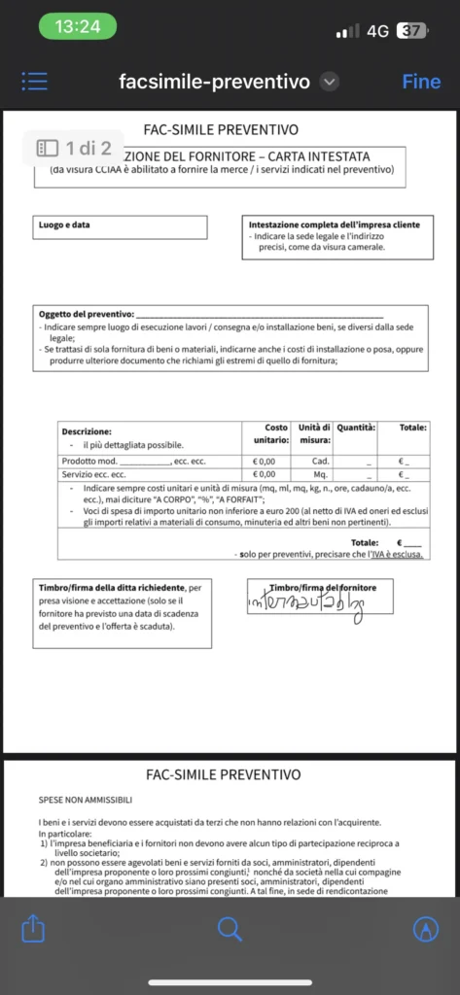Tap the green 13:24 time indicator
(x=77, y=27)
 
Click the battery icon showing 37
(x=411, y=30)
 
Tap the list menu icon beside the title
(x=35, y=82)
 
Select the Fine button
(x=421, y=82)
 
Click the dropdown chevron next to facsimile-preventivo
(x=330, y=82)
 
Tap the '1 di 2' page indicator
(x=75, y=149)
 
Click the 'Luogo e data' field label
(x=65, y=225)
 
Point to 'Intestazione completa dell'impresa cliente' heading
(x=335, y=224)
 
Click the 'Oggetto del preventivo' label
(x=86, y=315)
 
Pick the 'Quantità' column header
(x=356, y=427)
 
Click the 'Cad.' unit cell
(x=321, y=461)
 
